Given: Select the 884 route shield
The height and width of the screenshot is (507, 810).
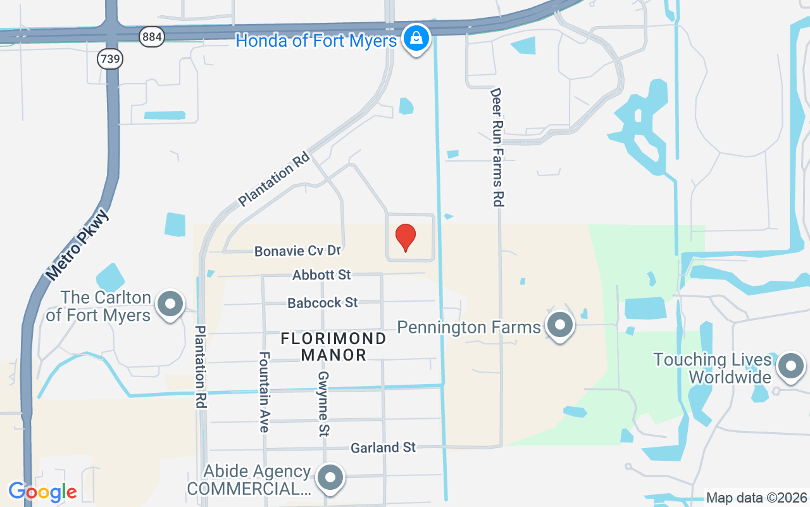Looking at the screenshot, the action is click(x=152, y=37).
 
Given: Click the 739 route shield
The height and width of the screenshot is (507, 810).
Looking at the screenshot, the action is click(x=110, y=59).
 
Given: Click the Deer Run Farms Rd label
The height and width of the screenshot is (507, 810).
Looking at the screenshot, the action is click(x=497, y=147).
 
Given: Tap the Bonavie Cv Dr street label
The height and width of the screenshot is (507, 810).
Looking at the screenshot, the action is click(x=297, y=251).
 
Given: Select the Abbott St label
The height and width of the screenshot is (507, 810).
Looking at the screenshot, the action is click(x=321, y=275).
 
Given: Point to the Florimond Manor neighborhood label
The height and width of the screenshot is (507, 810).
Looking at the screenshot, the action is click(x=333, y=346).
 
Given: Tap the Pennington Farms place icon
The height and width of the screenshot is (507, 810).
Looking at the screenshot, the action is click(x=559, y=326).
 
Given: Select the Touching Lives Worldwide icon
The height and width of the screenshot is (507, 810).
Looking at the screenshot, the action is click(x=790, y=366).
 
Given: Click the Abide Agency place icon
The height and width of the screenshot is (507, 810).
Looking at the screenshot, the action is click(x=330, y=478).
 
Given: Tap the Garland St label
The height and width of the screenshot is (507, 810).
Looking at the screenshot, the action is click(x=383, y=447).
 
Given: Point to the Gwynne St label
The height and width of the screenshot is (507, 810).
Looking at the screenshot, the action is click(x=323, y=404).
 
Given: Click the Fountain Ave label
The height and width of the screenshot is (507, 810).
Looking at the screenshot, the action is click(x=264, y=392).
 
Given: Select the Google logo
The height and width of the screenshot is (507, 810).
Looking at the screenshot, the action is click(x=43, y=492).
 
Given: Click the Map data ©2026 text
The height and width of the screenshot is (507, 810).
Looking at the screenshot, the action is click(x=756, y=497).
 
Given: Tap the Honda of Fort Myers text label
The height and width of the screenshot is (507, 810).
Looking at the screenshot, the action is click(x=316, y=41).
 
